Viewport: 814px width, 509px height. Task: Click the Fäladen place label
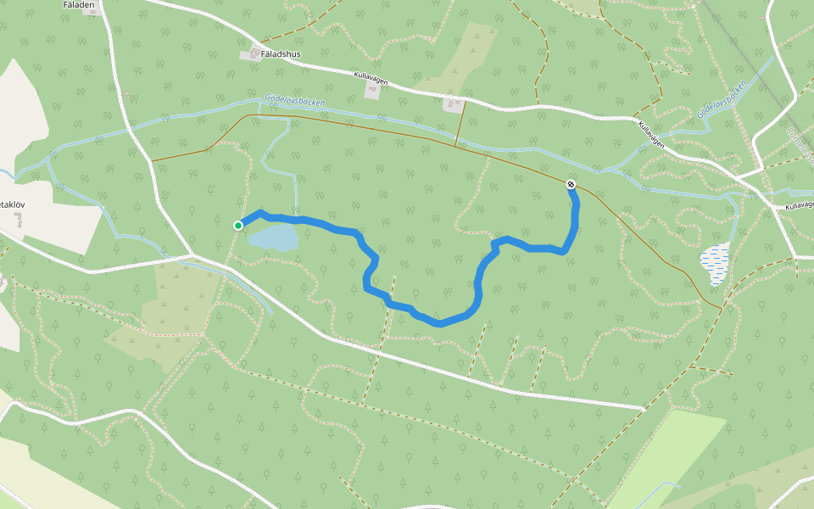77,4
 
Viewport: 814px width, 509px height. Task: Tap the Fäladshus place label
282,53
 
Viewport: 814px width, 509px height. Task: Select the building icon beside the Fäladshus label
251,55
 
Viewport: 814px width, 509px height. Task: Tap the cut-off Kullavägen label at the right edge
799,205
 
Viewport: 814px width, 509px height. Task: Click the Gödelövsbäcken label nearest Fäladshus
294,100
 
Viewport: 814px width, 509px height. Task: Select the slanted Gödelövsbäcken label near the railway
721,100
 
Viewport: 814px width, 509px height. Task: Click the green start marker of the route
238,225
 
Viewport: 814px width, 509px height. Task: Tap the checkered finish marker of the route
571,184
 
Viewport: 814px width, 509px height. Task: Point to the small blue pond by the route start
273,238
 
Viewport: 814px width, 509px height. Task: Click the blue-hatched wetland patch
715,262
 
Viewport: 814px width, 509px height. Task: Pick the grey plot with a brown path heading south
454,105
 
